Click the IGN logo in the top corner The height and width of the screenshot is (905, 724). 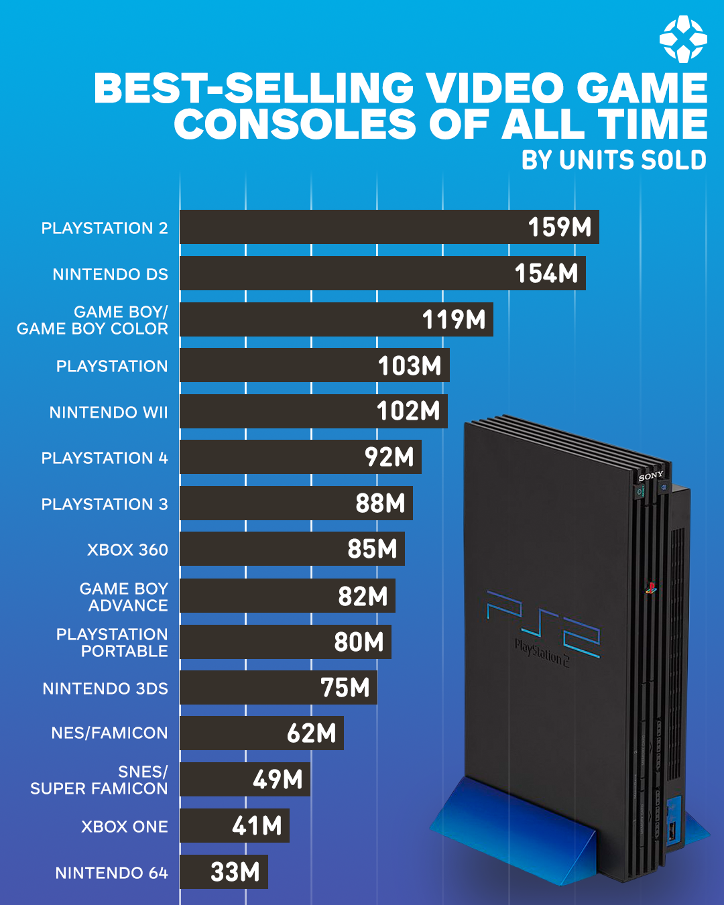(682, 40)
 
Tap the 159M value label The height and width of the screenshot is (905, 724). (559, 227)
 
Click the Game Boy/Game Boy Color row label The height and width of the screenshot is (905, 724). (93, 320)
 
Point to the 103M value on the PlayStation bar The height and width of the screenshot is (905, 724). (410, 366)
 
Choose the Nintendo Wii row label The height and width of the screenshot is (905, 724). (109, 412)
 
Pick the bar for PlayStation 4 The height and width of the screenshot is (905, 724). (300, 457)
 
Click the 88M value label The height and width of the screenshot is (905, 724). (380, 503)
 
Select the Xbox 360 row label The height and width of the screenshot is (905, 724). (127, 550)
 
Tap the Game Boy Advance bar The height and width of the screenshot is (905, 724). (287, 596)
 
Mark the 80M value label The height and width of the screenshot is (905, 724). (359, 642)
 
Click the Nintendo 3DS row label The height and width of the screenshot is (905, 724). (105, 688)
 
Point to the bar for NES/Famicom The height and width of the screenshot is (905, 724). (261, 733)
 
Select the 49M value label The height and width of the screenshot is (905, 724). (278, 780)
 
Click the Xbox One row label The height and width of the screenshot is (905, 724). (125, 827)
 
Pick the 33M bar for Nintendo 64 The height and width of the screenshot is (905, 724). (223, 872)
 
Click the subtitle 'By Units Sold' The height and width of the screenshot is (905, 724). (613, 160)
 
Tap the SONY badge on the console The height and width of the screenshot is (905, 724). (650, 476)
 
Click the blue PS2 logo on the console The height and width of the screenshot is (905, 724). (543, 623)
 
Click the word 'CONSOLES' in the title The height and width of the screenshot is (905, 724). (295, 124)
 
